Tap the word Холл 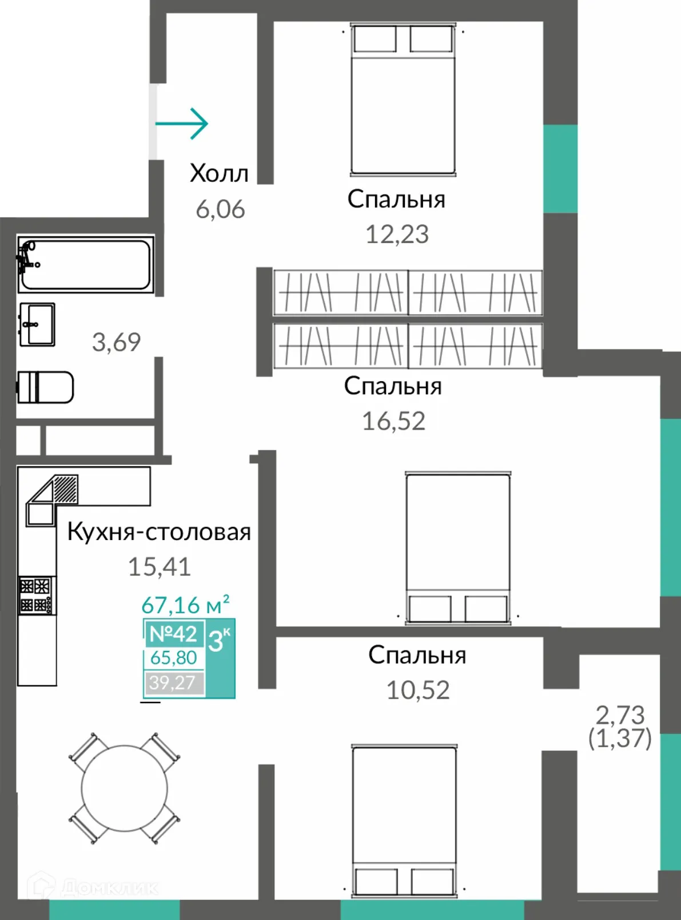pos(219,173)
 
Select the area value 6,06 pos(220,209)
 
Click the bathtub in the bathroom pos(86,264)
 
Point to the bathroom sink pos(37,324)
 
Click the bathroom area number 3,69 pos(116,342)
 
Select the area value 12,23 pos(397,234)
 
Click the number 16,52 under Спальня pos(393,421)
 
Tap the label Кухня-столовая pos(159,532)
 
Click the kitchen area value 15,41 pos(159,566)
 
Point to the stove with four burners pos(37,595)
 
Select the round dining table pos(124,788)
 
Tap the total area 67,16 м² pos(185,604)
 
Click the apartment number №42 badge pos(173,633)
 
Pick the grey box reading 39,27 pos(173,683)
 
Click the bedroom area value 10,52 pos(418,690)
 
